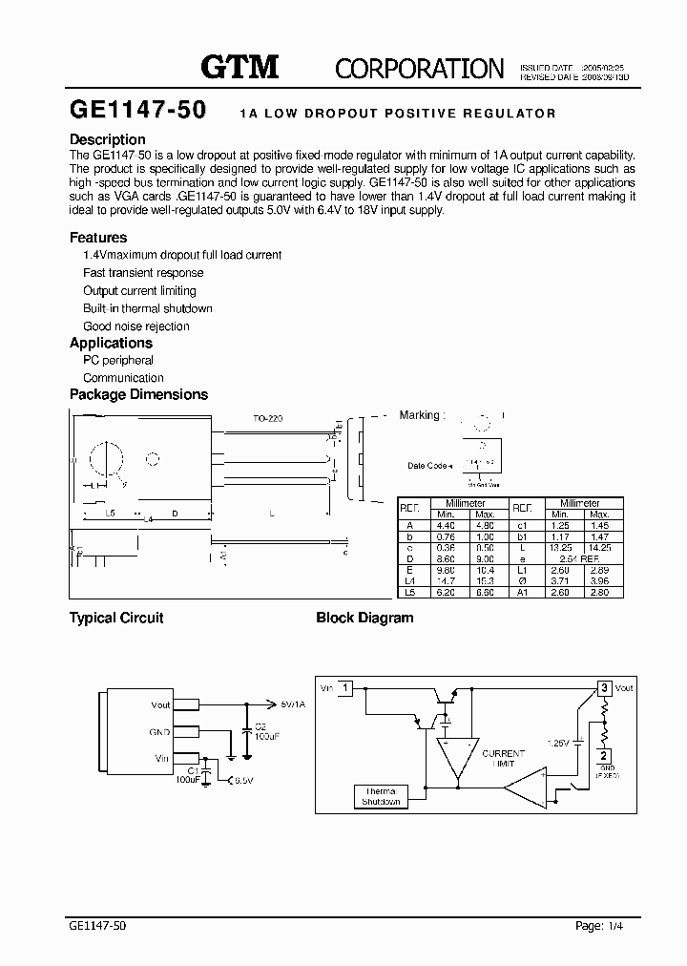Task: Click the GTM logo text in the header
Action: (x=239, y=67)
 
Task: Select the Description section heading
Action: (x=108, y=139)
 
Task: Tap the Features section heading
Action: (x=98, y=238)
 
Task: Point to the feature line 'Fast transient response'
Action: (x=143, y=273)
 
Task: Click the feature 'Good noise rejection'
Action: (x=136, y=326)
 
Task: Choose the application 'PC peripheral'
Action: (x=118, y=361)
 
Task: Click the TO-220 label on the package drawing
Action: (x=268, y=419)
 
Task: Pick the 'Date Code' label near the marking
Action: (x=427, y=466)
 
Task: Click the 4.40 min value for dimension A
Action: (x=446, y=524)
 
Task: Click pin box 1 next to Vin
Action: (x=346, y=687)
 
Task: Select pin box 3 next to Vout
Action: (x=603, y=687)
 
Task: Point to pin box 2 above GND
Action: (x=604, y=755)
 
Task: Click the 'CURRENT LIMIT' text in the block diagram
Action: (x=503, y=759)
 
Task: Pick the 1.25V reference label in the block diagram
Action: (x=558, y=741)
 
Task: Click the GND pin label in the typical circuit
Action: (x=160, y=732)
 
